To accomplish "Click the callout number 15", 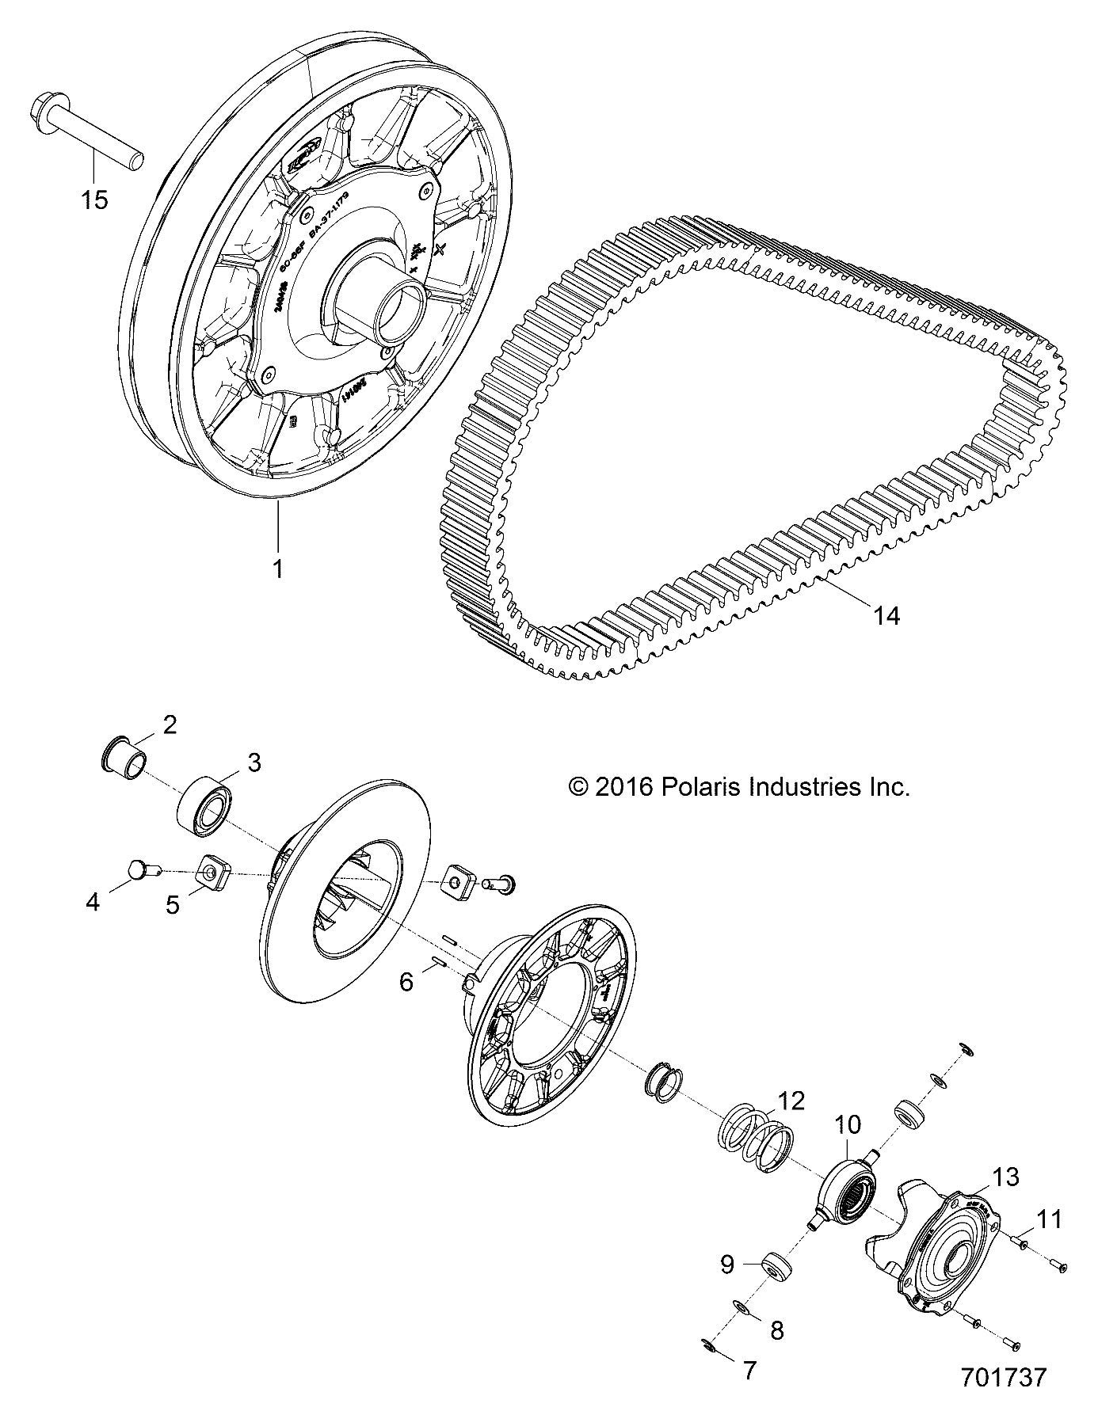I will pos(94,200).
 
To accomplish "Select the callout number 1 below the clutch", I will pos(278,568).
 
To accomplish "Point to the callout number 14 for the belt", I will pos(886,614).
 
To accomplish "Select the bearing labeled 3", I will pos(204,804).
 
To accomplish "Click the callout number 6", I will pos(406,982).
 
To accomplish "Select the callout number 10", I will pos(848,1124).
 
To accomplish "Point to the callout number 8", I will pos(776,1330).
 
